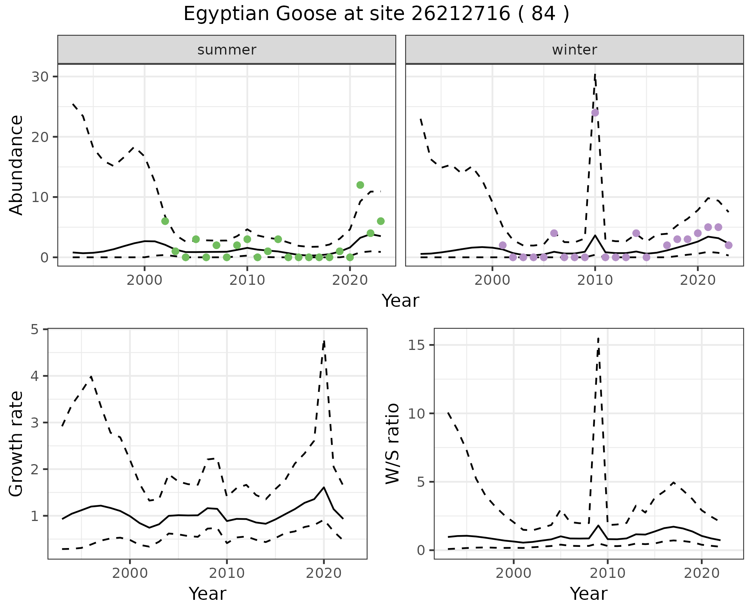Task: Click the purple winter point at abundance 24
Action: (595, 113)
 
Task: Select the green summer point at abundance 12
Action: (360, 185)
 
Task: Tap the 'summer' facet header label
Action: (227, 50)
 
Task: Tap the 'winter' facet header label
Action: (574, 50)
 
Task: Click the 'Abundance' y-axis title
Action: (16, 165)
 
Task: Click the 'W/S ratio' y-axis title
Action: (393, 444)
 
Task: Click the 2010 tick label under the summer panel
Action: (247, 281)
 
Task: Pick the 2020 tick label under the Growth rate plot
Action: (324, 573)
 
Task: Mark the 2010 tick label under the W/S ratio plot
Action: (607, 573)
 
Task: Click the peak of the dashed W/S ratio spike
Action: (598, 338)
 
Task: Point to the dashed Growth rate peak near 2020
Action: (324, 341)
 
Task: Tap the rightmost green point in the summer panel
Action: (380, 221)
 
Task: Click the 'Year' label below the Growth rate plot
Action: (207, 594)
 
